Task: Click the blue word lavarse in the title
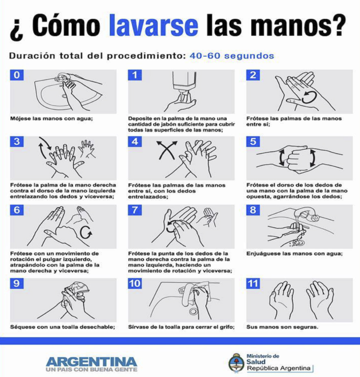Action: tap(154, 25)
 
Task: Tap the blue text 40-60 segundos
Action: tap(232, 56)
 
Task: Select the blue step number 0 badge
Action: tap(17, 75)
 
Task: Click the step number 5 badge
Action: tap(253, 142)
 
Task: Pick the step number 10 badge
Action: tap(135, 283)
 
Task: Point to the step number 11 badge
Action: tap(253, 283)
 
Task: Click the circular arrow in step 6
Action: tap(86, 232)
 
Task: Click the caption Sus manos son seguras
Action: tap(282, 327)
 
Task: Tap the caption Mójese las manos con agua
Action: tap(51, 118)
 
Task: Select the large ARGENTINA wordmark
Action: tap(91, 362)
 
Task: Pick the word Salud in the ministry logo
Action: tap(256, 362)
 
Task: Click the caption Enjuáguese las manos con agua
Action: tap(295, 254)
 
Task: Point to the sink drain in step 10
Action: tap(193, 312)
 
